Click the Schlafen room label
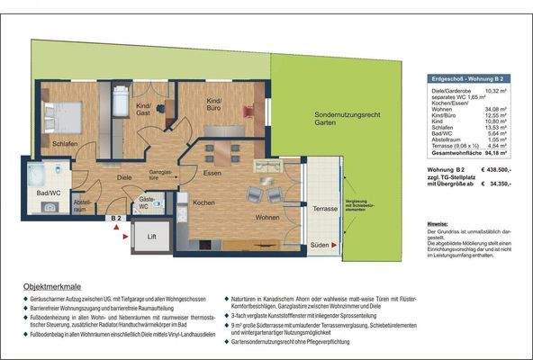40,144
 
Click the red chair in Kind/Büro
248,110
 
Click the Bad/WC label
37,193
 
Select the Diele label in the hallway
124,177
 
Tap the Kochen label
203,202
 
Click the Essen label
212,173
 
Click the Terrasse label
325,208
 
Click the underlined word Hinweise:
438,221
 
